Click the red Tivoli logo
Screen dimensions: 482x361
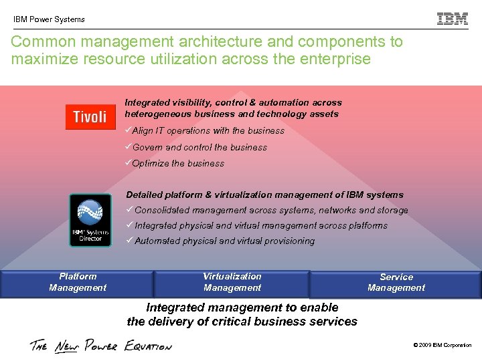pyautogui.click(x=90, y=117)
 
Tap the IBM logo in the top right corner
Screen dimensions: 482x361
pyautogui.click(x=453, y=19)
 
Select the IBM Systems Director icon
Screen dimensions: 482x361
pyautogui.click(x=90, y=219)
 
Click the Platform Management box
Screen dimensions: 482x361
pyautogui.click(x=77, y=282)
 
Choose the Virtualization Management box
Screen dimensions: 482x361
pyautogui.click(x=232, y=282)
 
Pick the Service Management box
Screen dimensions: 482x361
pyautogui.click(x=396, y=283)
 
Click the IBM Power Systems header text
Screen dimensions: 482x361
pyautogui.click(x=49, y=19)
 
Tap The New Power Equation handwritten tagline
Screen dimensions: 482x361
pyautogui.click(x=100, y=346)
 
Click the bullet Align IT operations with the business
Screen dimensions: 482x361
pyautogui.click(x=208, y=131)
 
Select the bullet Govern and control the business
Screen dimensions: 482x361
pyautogui.click(x=199, y=147)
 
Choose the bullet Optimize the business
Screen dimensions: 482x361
pyautogui.click(x=177, y=163)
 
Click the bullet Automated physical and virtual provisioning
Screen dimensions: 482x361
pyautogui.click(x=224, y=241)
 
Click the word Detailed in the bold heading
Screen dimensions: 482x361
pyautogui.click(x=145, y=195)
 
